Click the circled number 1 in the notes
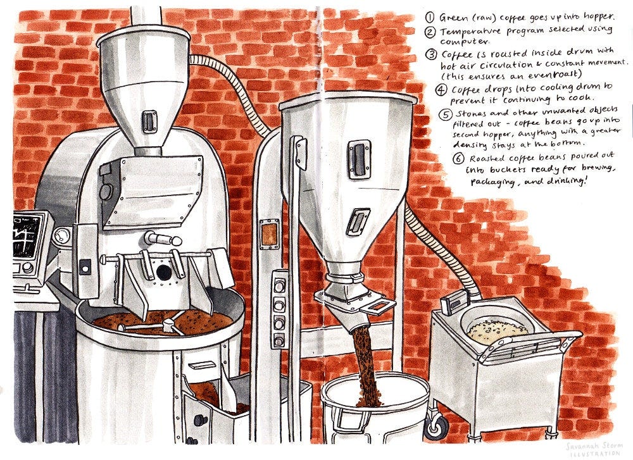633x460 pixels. tap(429, 16)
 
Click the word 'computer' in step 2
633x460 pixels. tap(461, 41)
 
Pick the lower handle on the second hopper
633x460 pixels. tap(359, 221)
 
